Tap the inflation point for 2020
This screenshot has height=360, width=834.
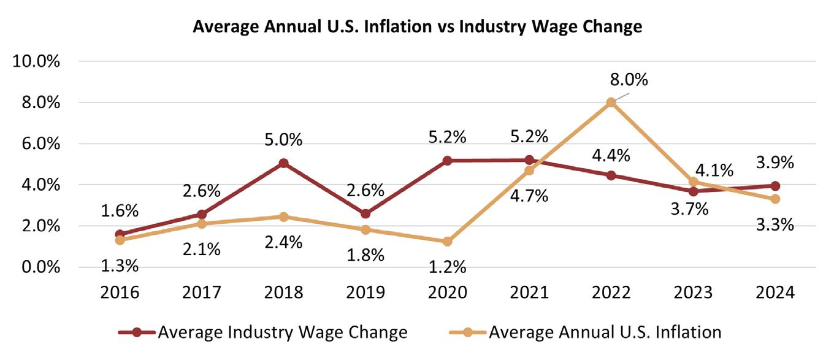[448, 242]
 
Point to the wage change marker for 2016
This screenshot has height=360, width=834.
[120, 234]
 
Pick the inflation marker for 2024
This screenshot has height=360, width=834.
[775, 199]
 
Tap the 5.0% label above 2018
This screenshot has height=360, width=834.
[283, 139]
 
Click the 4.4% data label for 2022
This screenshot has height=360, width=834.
[611, 155]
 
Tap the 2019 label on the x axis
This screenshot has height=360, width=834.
[365, 292]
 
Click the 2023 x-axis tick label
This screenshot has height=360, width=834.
[693, 292]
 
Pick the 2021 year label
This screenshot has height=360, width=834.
[529, 292]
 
